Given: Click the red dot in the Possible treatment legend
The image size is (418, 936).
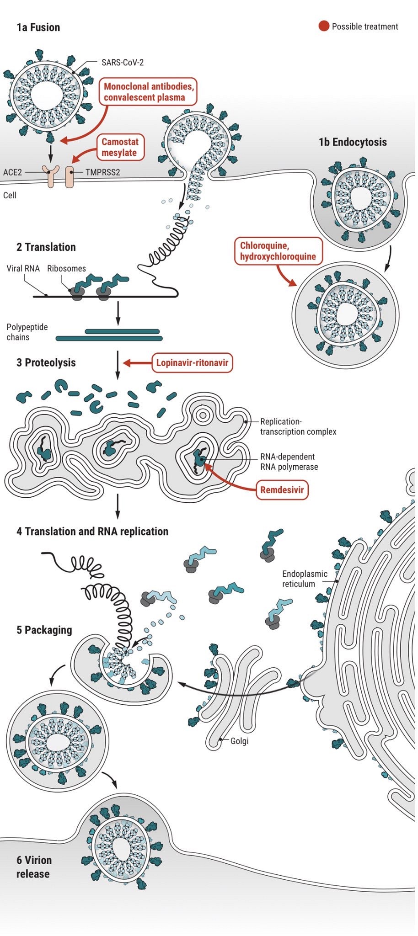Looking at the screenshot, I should point(324,26).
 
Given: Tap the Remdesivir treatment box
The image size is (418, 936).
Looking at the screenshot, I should point(282,490).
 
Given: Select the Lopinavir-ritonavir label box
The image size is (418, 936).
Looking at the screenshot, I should point(192,363).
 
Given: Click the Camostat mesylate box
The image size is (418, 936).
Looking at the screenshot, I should point(119,147).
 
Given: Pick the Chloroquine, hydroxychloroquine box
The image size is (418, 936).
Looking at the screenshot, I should point(278,251).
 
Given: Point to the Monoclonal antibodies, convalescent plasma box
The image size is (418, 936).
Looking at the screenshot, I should point(148,92).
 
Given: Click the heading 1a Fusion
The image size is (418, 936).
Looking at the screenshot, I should point(38,27).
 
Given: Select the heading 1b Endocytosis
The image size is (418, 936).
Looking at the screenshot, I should point(353,142).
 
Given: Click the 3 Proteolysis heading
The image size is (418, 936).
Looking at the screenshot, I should point(46,363).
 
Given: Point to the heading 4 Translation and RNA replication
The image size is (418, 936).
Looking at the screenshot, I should point(92,532).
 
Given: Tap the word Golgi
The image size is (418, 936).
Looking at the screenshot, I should point(239,741).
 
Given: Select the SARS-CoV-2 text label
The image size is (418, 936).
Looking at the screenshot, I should point(123,62).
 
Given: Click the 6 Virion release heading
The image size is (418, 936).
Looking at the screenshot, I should point(34,867).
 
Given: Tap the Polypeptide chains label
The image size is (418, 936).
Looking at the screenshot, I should point(27,332).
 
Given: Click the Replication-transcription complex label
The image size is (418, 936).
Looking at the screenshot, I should point(298,426).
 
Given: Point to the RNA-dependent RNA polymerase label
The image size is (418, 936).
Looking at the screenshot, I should point(289,462).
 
